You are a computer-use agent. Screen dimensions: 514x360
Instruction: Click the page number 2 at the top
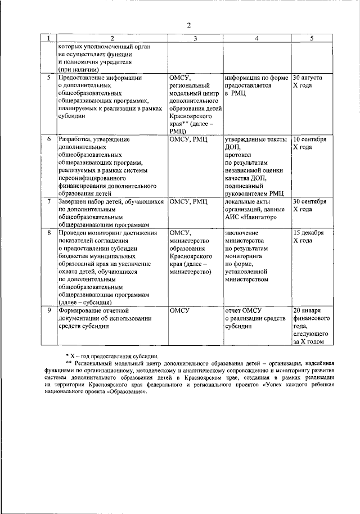tap(189, 25)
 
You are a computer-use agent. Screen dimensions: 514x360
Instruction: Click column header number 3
tap(195, 38)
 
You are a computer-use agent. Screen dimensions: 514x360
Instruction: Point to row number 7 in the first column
tap(49, 201)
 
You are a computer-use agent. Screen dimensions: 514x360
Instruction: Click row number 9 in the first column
tap(49, 310)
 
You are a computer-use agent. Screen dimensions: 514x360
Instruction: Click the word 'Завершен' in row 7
tap(74, 201)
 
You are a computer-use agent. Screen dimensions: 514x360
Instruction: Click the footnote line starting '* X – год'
tap(112, 356)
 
